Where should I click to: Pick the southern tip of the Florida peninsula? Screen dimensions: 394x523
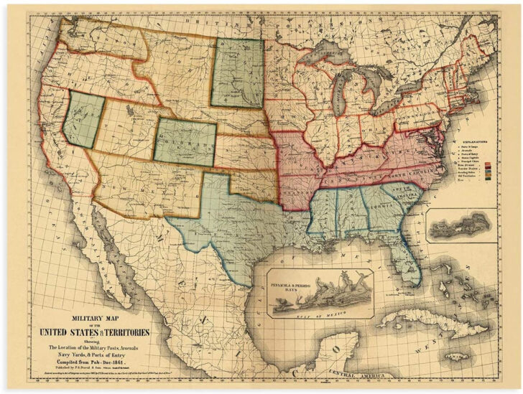pyautogui.click(x=415, y=281)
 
